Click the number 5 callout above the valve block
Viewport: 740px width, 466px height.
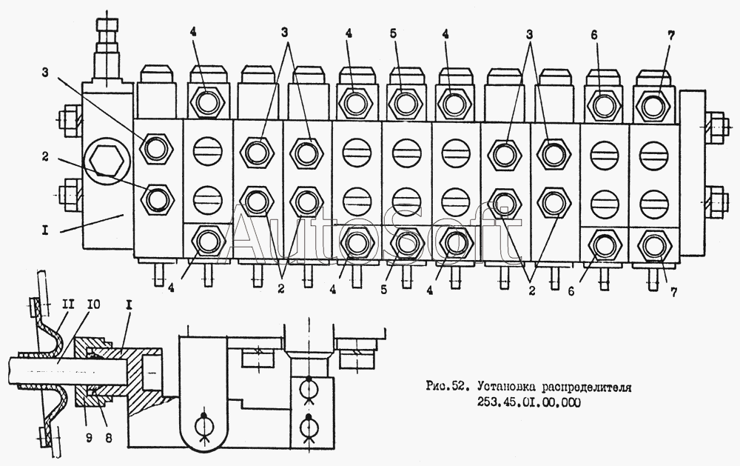click(x=394, y=34)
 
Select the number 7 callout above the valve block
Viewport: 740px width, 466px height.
click(x=670, y=35)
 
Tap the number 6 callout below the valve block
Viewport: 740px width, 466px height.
click(x=571, y=292)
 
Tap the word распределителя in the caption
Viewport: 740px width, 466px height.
click(x=586, y=387)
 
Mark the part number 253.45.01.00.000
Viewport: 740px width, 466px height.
click(x=526, y=403)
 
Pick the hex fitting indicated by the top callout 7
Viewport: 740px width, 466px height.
click(x=653, y=104)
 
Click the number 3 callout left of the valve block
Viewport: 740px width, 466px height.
click(x=45, y=73)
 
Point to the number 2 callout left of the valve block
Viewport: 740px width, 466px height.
click(x=45, y=156)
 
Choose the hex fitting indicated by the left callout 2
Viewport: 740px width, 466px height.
click(x=157, y=199)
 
